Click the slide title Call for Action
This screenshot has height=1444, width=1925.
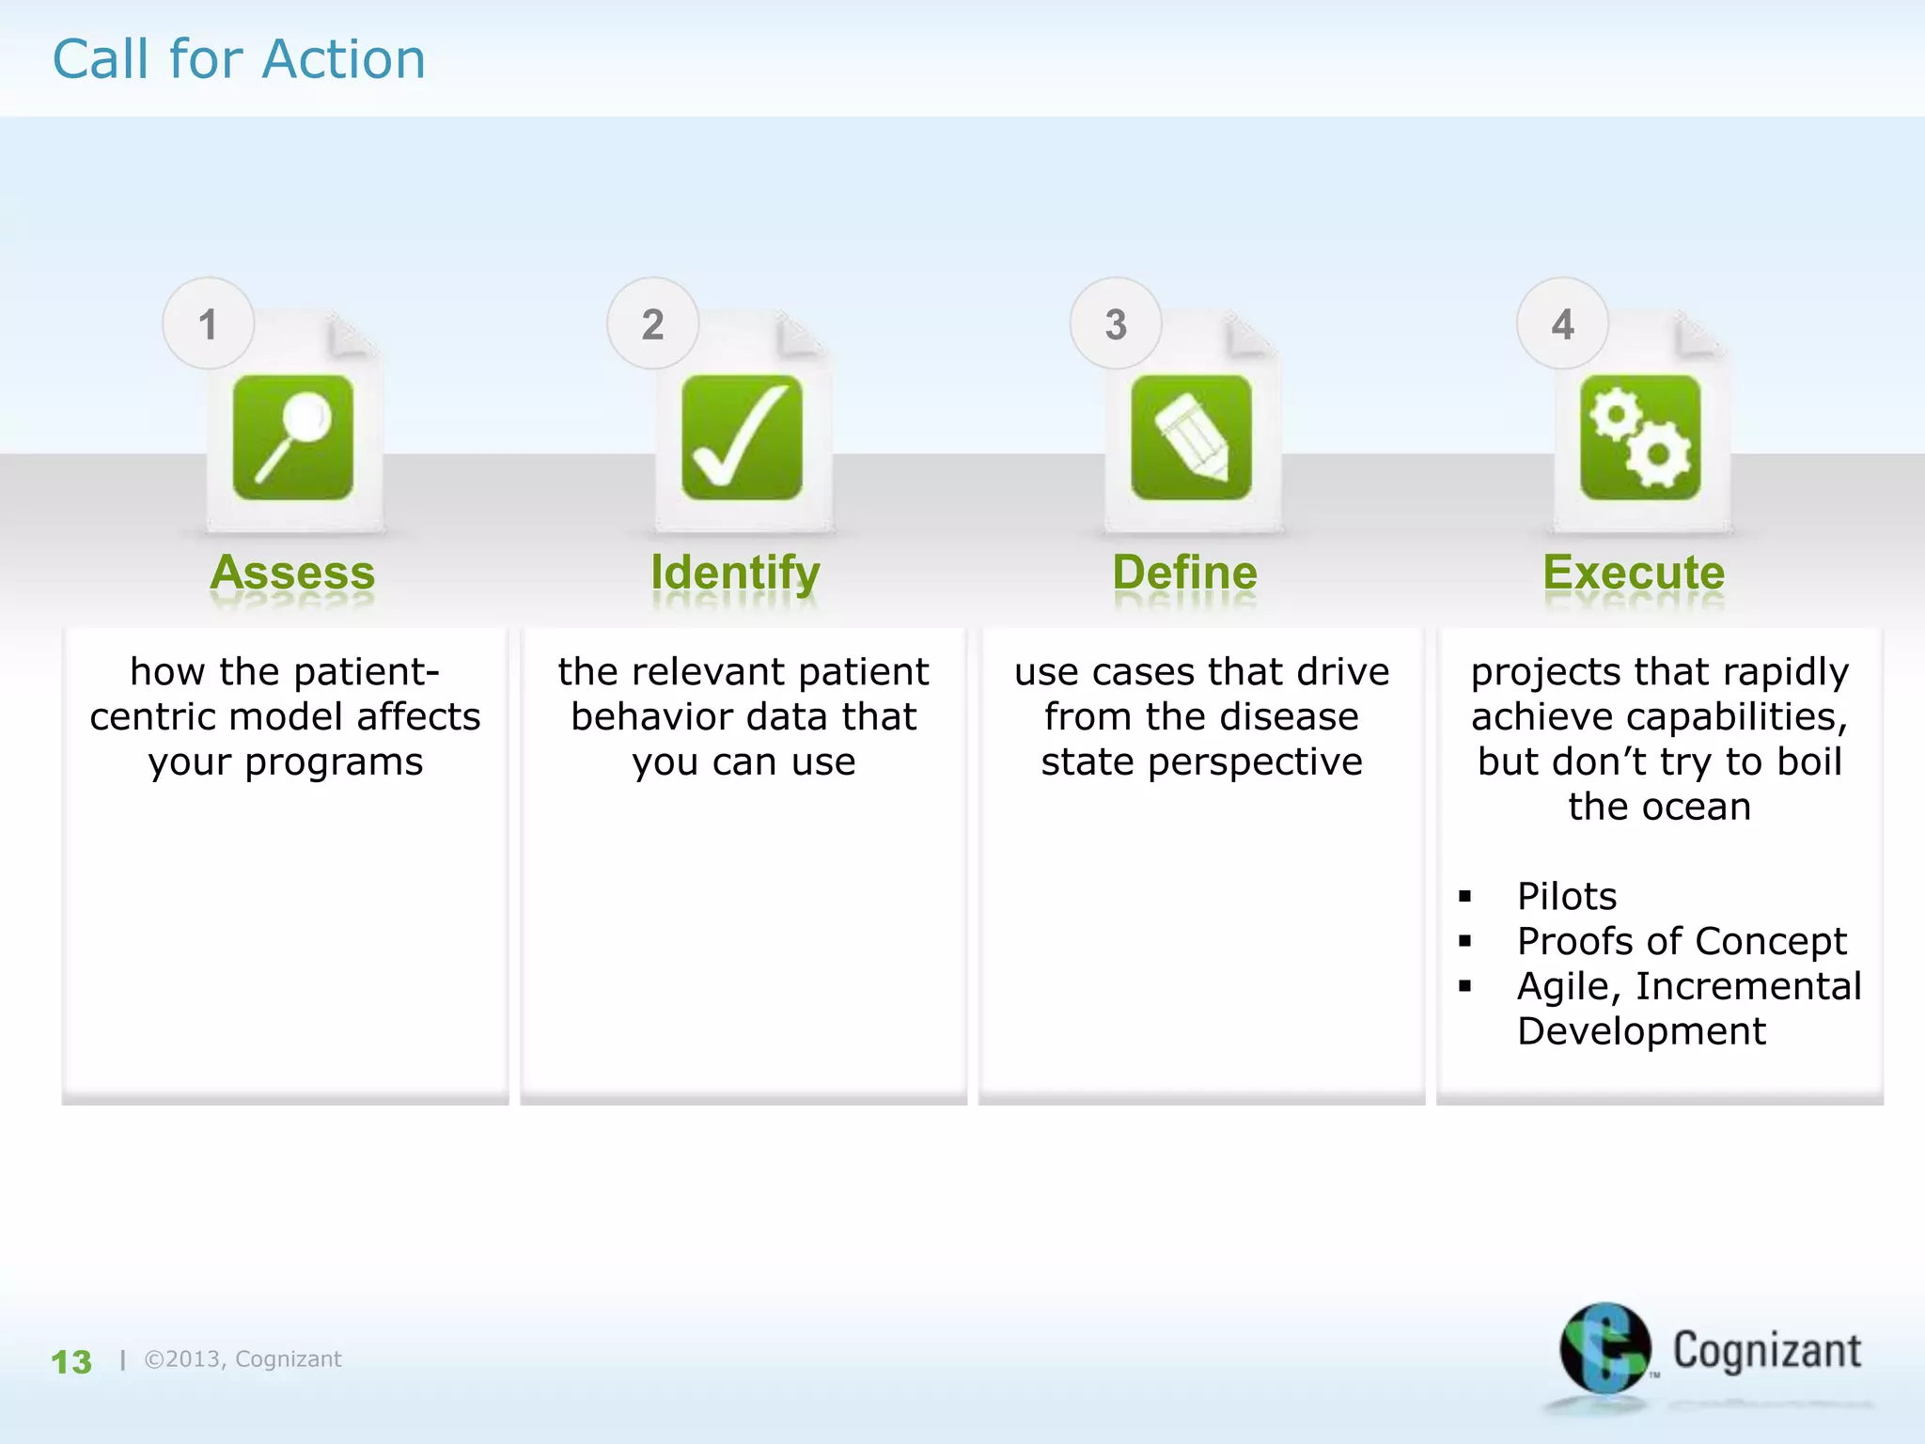click(x=239, y=59)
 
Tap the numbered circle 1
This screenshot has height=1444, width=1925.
click(x=208, y=324)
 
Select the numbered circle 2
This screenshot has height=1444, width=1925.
click(x=652, y=324)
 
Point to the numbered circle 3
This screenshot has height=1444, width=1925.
click(x=1116, y=324)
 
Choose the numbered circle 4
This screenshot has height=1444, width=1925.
click(x=1562, y=324)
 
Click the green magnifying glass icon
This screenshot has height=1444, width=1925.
click(x=293, y=437)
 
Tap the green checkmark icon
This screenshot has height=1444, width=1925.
click(x=742, y=437)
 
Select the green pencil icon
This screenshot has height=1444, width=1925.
click(x=1191, y=437)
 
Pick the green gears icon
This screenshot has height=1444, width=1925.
click(x=1640, y=437)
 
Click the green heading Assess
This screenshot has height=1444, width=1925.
click(x=292, y=573)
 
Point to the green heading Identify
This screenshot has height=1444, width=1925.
click(x=735, y=573)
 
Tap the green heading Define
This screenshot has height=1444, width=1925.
click(x=1184, y=573)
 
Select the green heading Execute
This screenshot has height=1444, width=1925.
click(x=1634, y=573)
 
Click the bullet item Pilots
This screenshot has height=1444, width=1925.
click(x=1567, y=896)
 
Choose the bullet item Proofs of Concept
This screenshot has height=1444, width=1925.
click(x=1682, y=941)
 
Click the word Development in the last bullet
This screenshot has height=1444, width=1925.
click(x=1641, y=1031)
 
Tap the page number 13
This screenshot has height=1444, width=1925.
click(x=71, y=1362)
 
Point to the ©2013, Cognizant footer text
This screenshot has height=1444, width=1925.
click(x=243, y=1359)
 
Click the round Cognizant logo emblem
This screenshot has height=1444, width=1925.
click(x=1604, y=1348)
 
